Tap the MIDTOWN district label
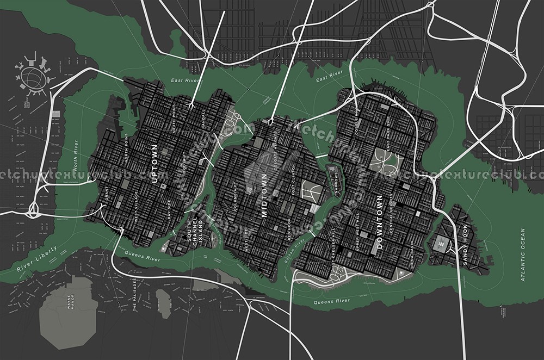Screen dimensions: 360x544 tap(265, 195)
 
